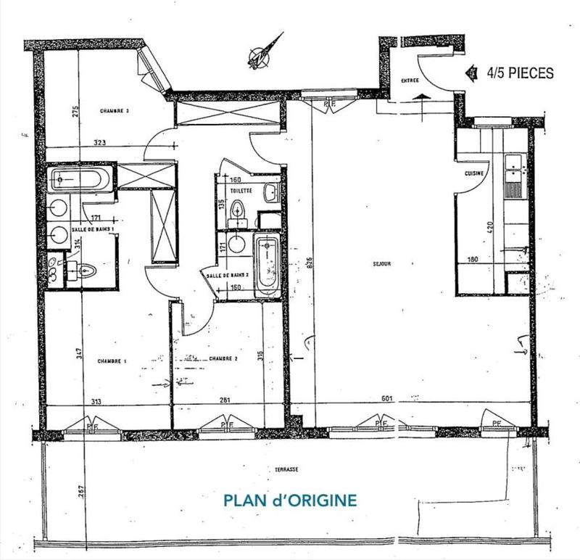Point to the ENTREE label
click(410, 81)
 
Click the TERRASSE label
click(287, 469)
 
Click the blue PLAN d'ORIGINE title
click(289, 501)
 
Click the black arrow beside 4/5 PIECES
click(471, 73)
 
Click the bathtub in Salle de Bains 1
click(80, 178)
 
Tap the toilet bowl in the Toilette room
click(237, 211)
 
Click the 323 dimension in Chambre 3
click(99, 144)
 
